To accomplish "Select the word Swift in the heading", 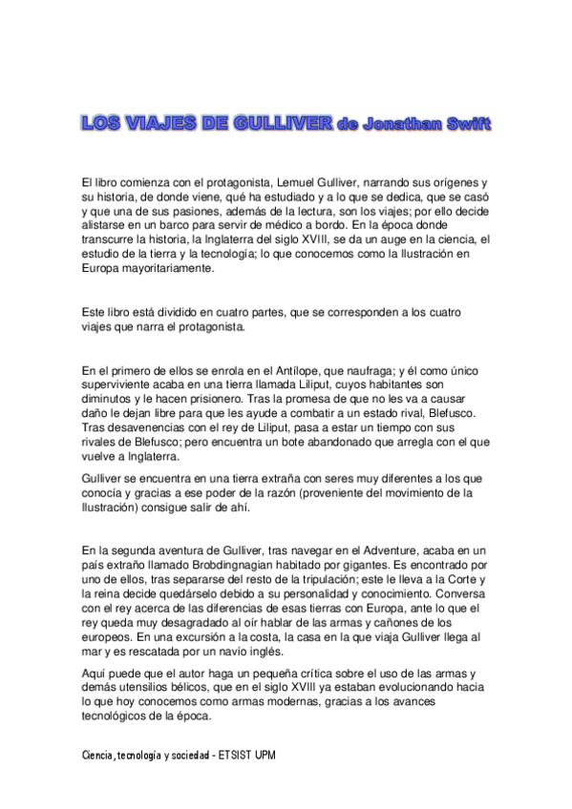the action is (469, 125).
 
